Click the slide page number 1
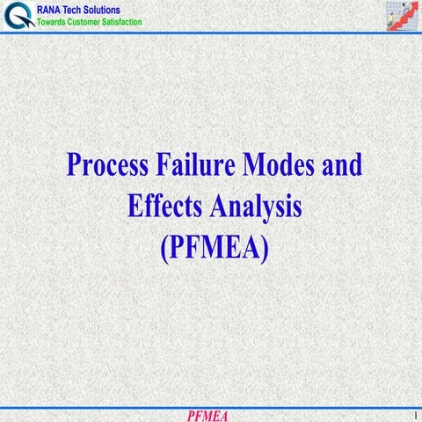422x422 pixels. [x=411, y=414]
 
